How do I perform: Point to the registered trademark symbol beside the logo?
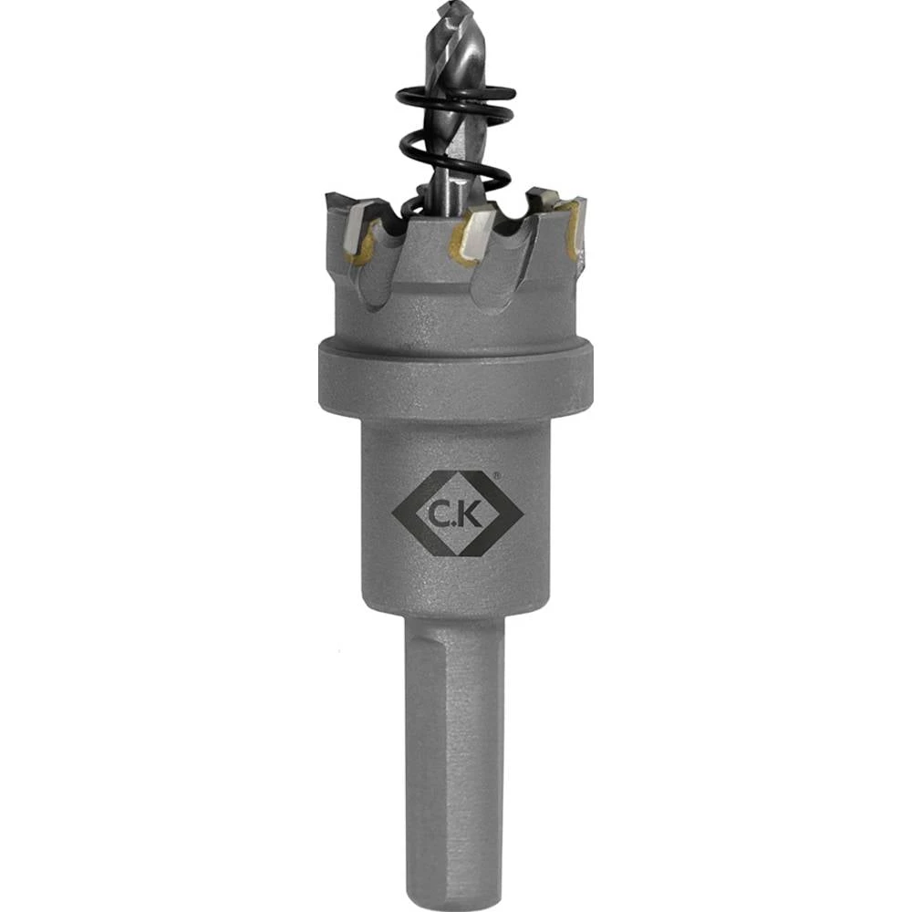tap(495, 475)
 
